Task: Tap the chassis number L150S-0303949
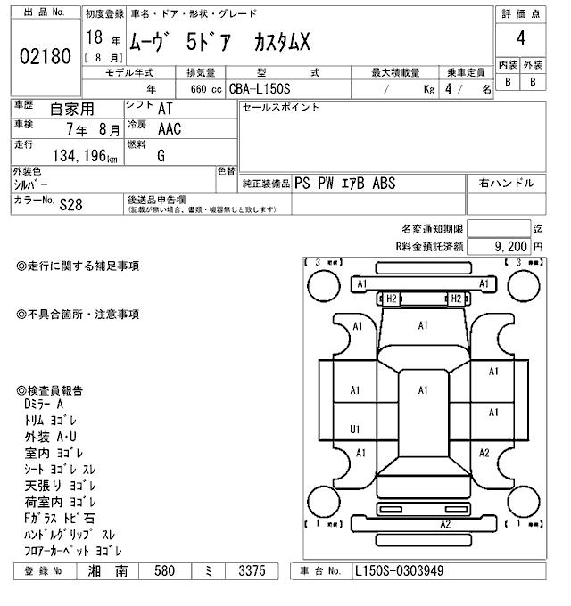[399, 570]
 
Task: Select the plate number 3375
[245, 570]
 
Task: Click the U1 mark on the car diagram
[355, 430]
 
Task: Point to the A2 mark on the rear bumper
[444, 524]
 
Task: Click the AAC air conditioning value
[170, 129]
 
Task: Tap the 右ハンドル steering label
[507, 184]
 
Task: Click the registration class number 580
[164, 570]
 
